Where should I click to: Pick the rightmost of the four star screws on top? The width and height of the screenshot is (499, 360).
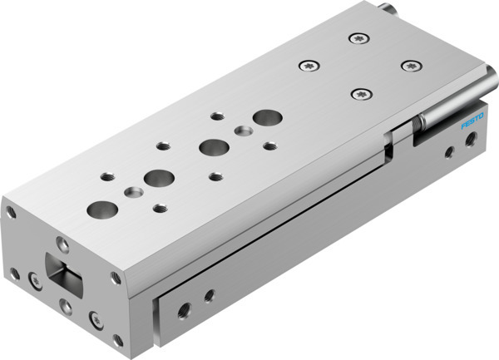[x=408, y=66]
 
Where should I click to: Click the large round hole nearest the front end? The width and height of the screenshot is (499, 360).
[x=101, y=209]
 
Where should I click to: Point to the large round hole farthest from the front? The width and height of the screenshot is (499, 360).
[x=266, y=117]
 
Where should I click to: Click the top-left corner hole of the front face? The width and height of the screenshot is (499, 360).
[x=11, y=212]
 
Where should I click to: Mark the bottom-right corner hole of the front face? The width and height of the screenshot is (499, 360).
[x=117, y=338]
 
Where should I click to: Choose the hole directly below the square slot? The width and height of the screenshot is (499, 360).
[x=67, y=307]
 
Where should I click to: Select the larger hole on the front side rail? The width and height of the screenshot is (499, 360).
[x=183, y=308]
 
